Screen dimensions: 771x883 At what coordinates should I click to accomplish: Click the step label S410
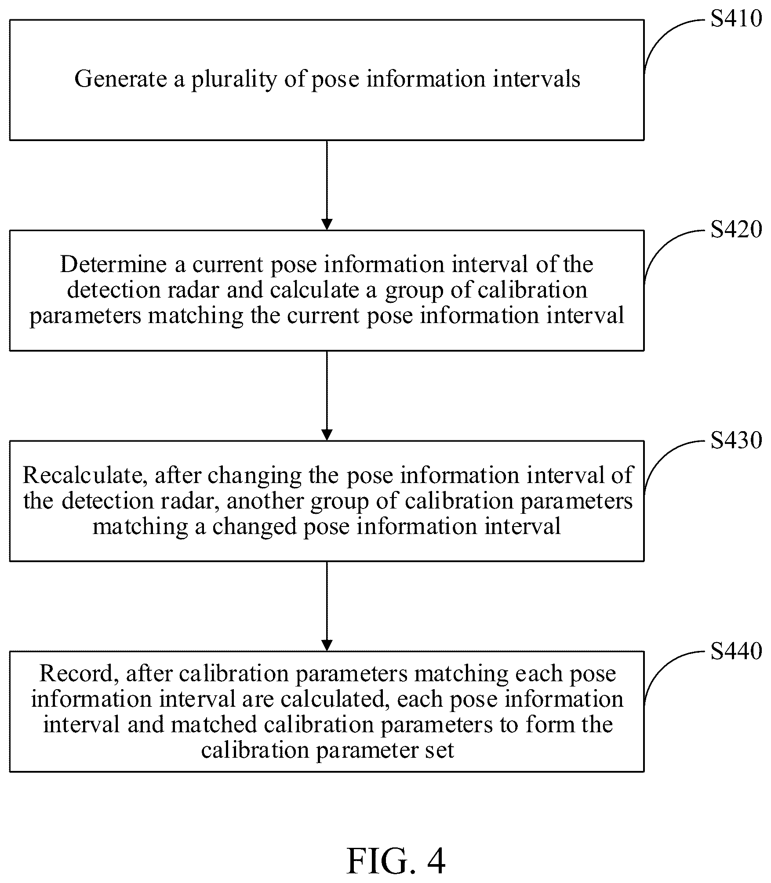tap(736, 19)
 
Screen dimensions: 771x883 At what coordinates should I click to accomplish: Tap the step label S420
tap(736, 229)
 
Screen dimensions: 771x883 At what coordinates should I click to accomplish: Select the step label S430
tap(736, 440)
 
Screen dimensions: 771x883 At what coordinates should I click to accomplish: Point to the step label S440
tap(736, 650)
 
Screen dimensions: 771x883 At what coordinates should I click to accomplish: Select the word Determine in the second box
tap(113, 265)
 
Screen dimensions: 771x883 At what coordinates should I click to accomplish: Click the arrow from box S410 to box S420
tap(327, 185)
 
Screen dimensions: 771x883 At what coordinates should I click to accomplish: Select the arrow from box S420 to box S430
tap(327, 396)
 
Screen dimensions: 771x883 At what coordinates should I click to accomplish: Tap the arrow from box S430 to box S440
tap(327, 606)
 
